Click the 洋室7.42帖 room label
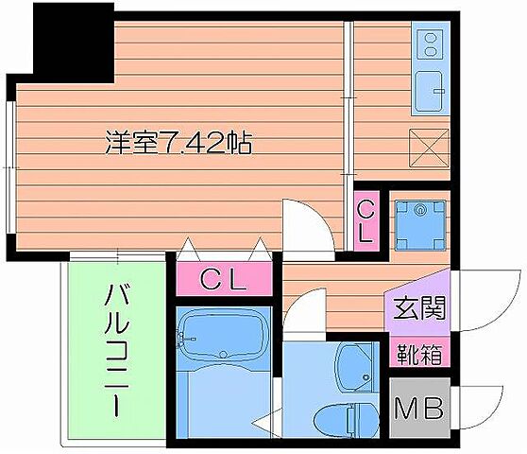point(177,145)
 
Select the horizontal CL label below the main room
point(225,279)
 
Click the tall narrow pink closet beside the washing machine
point(365,220)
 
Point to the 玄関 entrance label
point(416,308)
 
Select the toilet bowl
point(354,416)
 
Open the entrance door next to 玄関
point(486,301)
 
